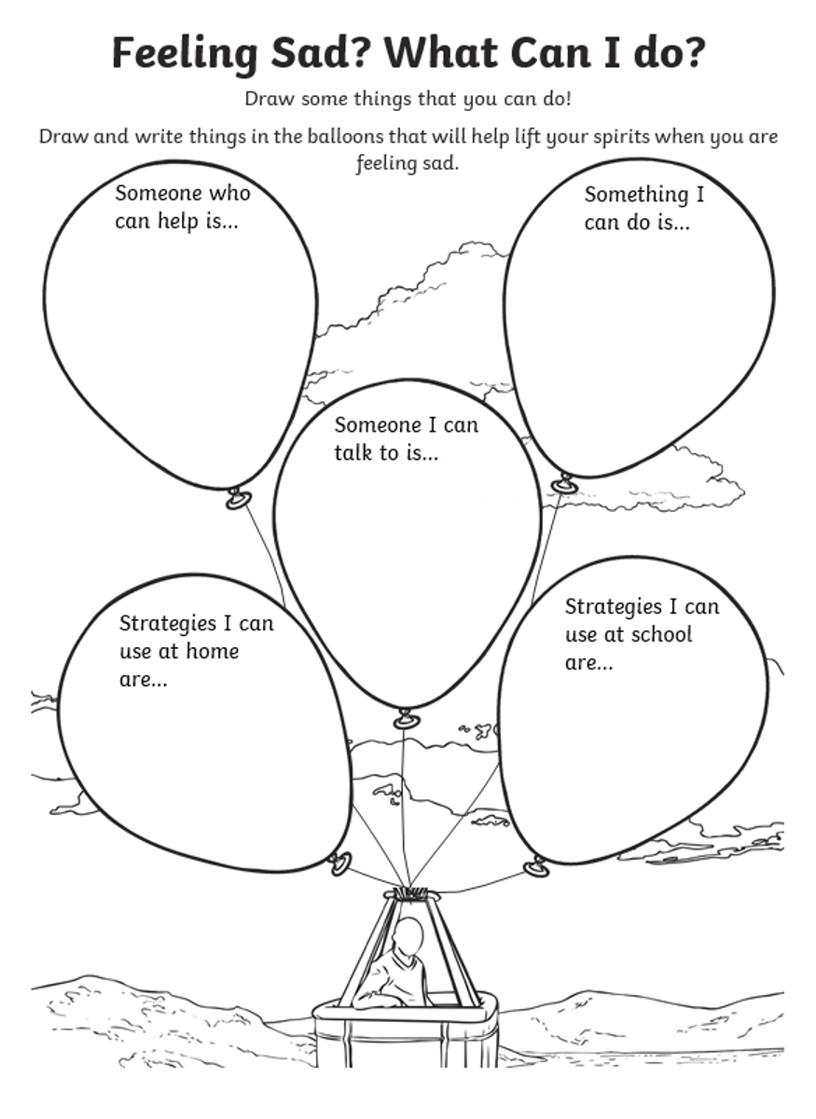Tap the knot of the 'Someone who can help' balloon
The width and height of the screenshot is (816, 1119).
pyautogui.click(x=238, y=499)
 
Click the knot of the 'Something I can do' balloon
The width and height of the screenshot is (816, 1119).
pyautogui.click(x=563, y=484)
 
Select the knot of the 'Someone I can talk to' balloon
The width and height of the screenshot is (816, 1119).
pyautogui.click(x=407, y=719)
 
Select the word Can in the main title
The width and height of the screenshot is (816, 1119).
pyautogui.click(x=550, y=52)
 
